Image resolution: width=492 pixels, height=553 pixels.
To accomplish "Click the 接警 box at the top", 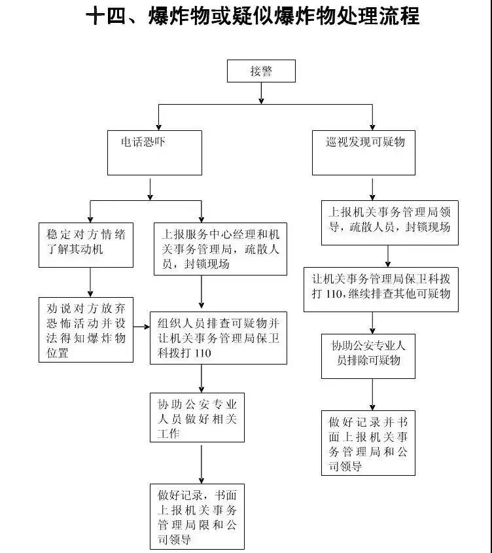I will [261, 71].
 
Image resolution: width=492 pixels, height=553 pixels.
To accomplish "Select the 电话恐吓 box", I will [150, 152].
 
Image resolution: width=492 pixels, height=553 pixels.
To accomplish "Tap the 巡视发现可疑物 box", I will [364, 152].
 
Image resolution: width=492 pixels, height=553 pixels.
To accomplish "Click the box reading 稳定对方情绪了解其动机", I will [86, 244].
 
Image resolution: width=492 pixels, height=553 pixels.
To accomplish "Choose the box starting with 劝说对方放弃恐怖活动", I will [86, 330].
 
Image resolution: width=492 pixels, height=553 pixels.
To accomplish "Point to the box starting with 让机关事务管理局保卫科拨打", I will [381, 289].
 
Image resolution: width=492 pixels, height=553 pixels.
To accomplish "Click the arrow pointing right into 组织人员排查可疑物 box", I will [142, 325].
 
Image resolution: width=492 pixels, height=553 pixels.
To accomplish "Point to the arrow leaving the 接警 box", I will [261, 93].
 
